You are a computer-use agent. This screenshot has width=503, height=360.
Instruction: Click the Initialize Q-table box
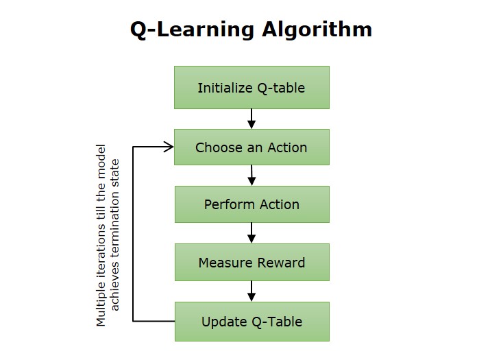click(251, 88)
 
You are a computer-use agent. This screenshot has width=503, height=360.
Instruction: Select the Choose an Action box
click(251, 147)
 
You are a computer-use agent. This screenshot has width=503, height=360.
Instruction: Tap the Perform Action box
click(251, 204)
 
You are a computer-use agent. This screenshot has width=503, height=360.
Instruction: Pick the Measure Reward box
click(251, 263)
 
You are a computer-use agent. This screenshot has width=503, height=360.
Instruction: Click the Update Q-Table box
click(251, 321)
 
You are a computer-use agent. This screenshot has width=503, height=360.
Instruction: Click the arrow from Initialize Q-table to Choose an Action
click(251, 119)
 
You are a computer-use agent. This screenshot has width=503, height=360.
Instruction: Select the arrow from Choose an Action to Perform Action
click(251, 176)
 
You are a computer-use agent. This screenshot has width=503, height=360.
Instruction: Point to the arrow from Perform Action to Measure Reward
click(251, 233)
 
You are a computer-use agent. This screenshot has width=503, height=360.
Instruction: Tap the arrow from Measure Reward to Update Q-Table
click(251, 291)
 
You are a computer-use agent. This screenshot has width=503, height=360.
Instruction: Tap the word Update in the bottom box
click(221, 321)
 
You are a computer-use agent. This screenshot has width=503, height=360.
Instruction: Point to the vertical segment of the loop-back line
click(133, 233)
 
